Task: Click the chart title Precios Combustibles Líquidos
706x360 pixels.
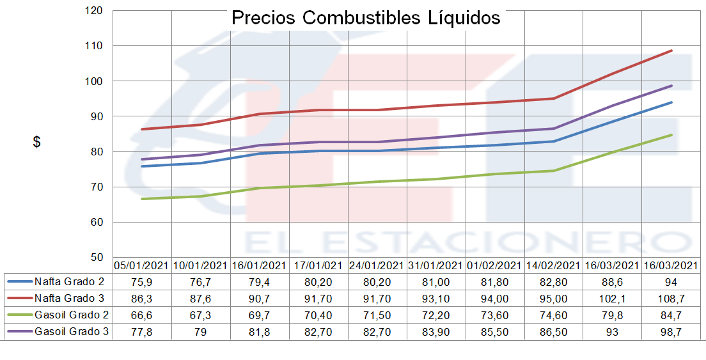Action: click(365, 17)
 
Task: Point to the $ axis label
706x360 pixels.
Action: click(37, 143)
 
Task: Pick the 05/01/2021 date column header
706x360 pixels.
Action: click(142, 265)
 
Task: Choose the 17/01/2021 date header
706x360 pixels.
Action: click(318, 265)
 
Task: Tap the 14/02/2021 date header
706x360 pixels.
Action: click(554, 265)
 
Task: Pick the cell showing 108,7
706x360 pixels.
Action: click(671, 298)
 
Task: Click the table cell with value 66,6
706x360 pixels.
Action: click(142, 315)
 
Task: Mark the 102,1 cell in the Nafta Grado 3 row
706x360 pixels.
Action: click(613, 298)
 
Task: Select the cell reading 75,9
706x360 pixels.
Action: click(142, 281)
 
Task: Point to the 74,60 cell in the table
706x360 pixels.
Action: click(554, 315)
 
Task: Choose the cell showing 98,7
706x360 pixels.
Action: click(671, 331)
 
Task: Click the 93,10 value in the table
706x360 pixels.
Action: click(436, 298)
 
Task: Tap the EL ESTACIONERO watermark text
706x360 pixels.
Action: click(467, 242)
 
